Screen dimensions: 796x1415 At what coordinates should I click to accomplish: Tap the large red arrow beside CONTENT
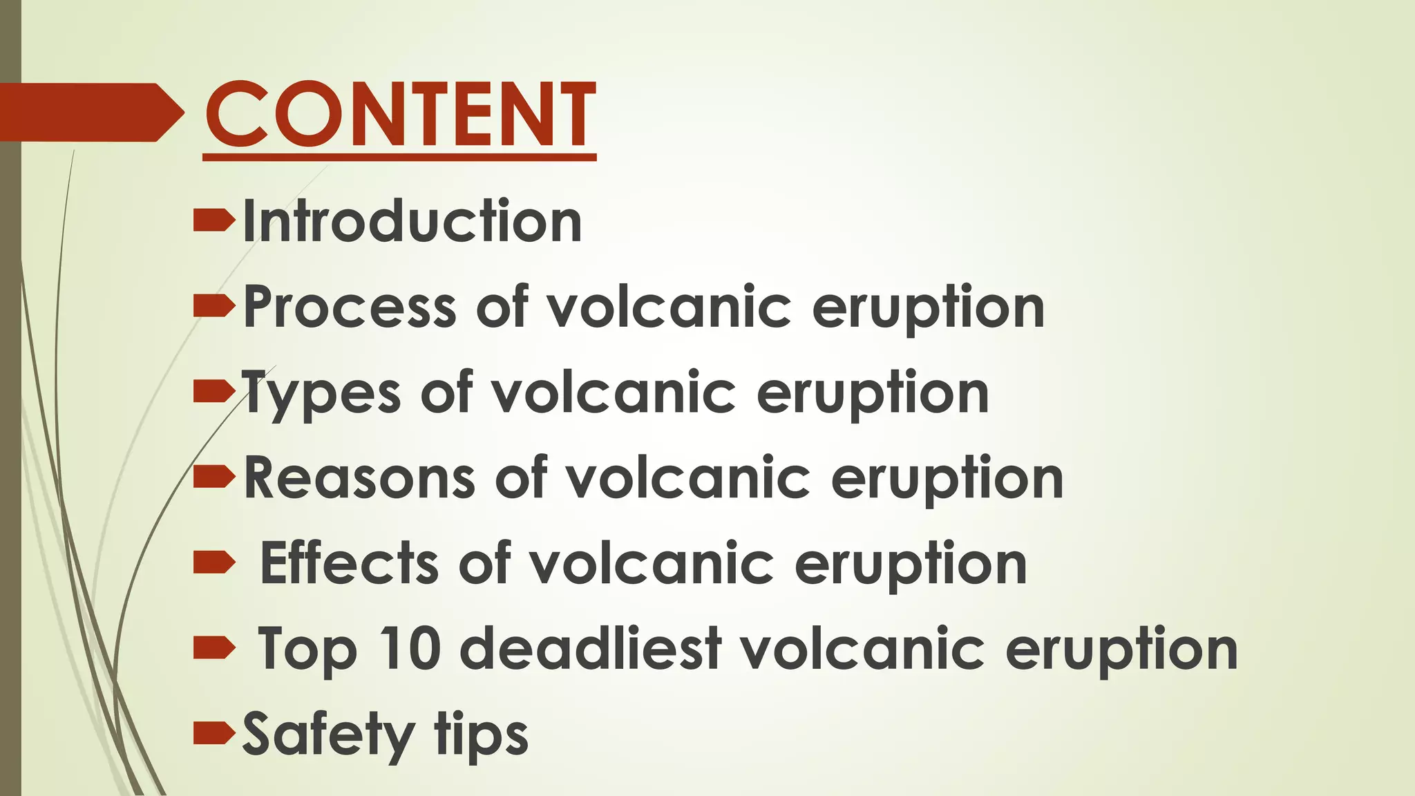90,113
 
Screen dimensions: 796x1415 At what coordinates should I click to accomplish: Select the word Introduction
412,221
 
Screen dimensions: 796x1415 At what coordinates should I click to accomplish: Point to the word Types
321,394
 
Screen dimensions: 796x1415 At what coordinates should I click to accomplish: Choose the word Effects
350,563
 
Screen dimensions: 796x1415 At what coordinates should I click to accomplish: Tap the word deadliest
591,649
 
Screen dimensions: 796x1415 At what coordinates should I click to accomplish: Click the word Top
307,650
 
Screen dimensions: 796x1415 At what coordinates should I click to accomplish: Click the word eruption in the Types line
873,394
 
